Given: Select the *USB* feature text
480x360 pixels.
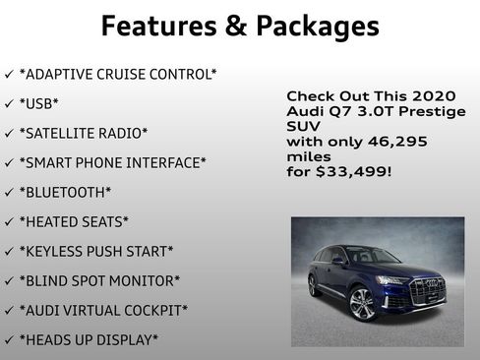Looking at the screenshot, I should pos(39,102).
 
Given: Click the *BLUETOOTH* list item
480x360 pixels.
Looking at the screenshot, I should pos(65,192).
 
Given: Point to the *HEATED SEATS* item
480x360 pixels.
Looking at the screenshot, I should pos(74,221).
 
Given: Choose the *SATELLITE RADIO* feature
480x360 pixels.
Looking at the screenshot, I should pos(84,132).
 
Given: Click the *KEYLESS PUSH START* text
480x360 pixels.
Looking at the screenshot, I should pos(96,252).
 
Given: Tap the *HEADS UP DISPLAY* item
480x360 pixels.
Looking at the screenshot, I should pos(89,340).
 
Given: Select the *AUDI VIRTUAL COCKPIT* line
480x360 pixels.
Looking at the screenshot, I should pos(103,311).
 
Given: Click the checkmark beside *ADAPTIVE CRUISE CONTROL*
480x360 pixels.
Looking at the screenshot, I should pos(9,74).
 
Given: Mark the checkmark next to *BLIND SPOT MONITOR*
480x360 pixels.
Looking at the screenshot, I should pos(9,281).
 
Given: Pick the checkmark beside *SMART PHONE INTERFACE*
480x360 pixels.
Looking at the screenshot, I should pos(9,162).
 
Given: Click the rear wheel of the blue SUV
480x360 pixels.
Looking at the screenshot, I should pos(315,286).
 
